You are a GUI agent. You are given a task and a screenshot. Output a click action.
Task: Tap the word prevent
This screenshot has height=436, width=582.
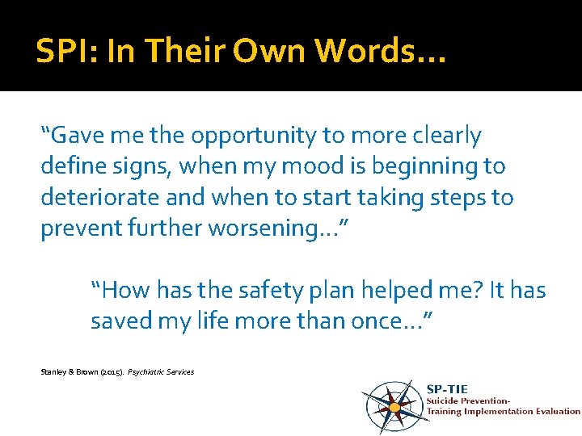81,228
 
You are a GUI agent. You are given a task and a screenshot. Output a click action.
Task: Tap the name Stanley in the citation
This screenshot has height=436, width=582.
54,372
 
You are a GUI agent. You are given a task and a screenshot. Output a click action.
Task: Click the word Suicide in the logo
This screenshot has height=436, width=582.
447,400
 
